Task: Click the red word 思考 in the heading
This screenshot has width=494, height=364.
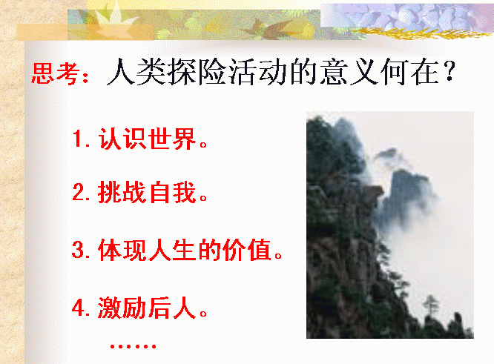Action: [x=56, y=73]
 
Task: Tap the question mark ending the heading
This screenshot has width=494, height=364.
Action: [x=450, y=71]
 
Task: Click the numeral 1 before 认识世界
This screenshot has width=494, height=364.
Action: [x=77, y=139]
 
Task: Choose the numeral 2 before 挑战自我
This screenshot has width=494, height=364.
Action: [x=77, y=192]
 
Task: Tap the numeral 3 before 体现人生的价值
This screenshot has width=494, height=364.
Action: [x=77, y=250]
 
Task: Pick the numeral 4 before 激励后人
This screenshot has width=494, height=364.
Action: [x=77, y=308]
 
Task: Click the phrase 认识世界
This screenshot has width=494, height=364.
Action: [x=147, y=139]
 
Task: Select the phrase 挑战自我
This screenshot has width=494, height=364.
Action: [x=147, y=192]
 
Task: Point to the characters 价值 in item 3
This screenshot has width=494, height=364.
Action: [x=247, y=250]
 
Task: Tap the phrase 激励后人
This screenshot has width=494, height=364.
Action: [x=147, y=308]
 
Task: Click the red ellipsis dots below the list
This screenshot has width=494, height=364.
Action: [x=134, y=347]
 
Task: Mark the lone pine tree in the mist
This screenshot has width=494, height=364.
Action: [x=430, y=305]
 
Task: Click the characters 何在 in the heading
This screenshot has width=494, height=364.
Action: [x=410, y=72]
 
